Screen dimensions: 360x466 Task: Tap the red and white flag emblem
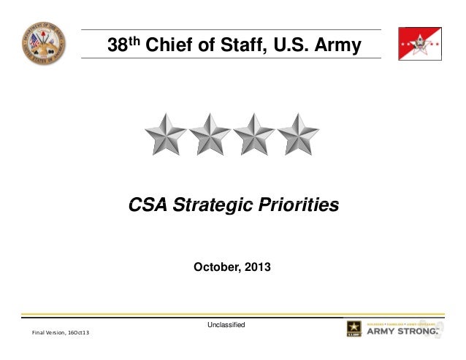pyautogui.click(x=419, y=44)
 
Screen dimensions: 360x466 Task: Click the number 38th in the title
pyautogui.click(x=124, y=45)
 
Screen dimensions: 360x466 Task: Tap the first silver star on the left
pyautogui.click(x=166, y=134)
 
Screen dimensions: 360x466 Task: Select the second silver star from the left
pyautogui.click(x=210, y=134)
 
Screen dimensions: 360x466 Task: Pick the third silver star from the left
pyautogui.click(x=254, y=134)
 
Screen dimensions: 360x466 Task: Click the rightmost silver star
pyautogui.click(x=298, y=134)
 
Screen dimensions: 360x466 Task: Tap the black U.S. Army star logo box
pyautogui.click(x=357, y=329)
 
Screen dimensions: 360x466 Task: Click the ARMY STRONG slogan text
pyautogui.click(x=402, y=332)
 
